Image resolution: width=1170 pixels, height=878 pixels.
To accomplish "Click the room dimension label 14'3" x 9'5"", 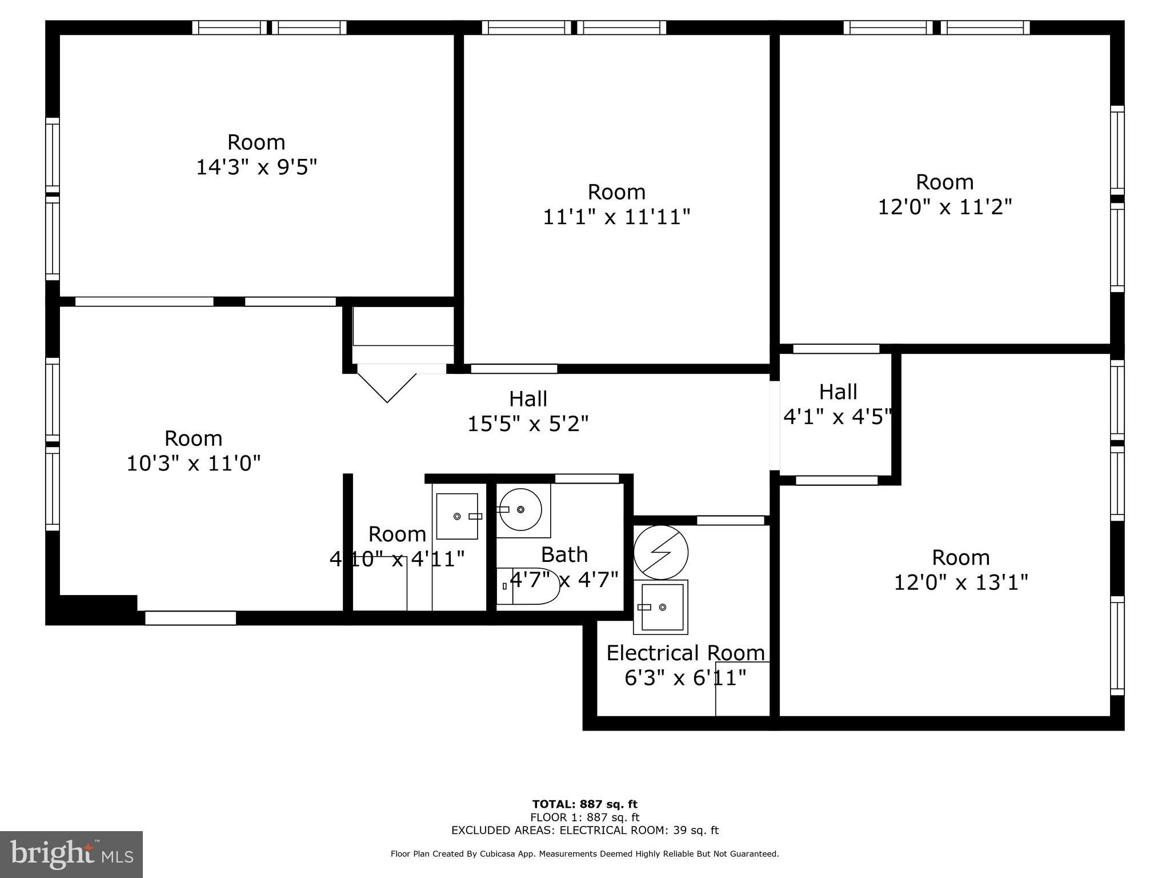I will (x=257, y=167).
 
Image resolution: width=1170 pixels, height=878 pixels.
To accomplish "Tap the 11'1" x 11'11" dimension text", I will (x=616, y=217).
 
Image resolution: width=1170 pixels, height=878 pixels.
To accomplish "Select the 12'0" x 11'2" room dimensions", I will (x=944, y=207).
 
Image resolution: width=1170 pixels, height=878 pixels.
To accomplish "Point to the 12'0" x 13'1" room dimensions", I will (x=960, y=582).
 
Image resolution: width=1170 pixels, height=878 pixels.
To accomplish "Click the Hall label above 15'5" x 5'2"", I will (x=528, y=398).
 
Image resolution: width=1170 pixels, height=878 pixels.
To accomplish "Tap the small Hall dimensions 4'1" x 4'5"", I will (x=837, y=417).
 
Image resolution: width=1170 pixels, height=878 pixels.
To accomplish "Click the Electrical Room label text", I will (x=685, y=653).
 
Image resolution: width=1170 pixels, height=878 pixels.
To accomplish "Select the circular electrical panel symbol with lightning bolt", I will (x=661, y=552).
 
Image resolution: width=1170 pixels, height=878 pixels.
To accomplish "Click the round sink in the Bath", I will (x=520, y=509).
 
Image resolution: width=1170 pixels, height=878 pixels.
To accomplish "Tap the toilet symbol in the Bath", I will (x=528, y=586).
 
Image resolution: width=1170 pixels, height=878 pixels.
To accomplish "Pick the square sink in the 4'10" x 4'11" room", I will (x=457, y=516).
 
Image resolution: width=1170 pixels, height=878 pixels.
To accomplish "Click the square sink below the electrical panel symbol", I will (x=661, y=607).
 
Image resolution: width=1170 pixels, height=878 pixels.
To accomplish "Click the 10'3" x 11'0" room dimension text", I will (x=193, y=463).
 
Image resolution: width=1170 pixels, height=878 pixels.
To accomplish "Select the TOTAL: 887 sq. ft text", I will (x=584, y=804).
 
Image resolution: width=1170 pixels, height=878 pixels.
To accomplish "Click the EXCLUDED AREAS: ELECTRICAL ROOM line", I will (x=584, y=830).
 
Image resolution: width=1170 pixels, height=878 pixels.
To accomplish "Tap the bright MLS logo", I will (x=71, y=854).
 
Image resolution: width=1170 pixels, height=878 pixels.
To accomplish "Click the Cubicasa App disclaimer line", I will (x=584, y=854).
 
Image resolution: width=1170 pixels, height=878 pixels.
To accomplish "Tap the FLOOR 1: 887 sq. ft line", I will (x=584, y=817).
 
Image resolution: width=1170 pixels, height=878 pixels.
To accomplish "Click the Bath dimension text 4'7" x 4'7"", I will (x=564, y=579).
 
